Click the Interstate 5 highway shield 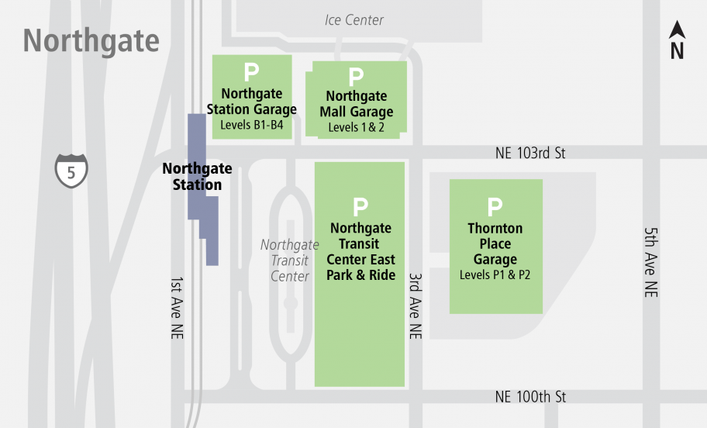coord(71,171)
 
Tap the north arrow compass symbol coord(677,41)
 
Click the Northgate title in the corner coord(91,40)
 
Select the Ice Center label coord(354,20)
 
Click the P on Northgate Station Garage coord(251,73)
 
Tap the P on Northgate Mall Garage coord(356,77)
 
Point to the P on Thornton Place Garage coord(495,207)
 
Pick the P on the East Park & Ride coord(360,207)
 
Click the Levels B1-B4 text coord(252,125)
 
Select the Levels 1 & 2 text coord(356,127)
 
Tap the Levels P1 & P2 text coord(495,274)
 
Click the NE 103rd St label coord(530,154)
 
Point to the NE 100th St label coord(530,397)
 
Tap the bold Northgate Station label coord(197,177)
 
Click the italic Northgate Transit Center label coord(289,261)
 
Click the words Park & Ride coord(360,275)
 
